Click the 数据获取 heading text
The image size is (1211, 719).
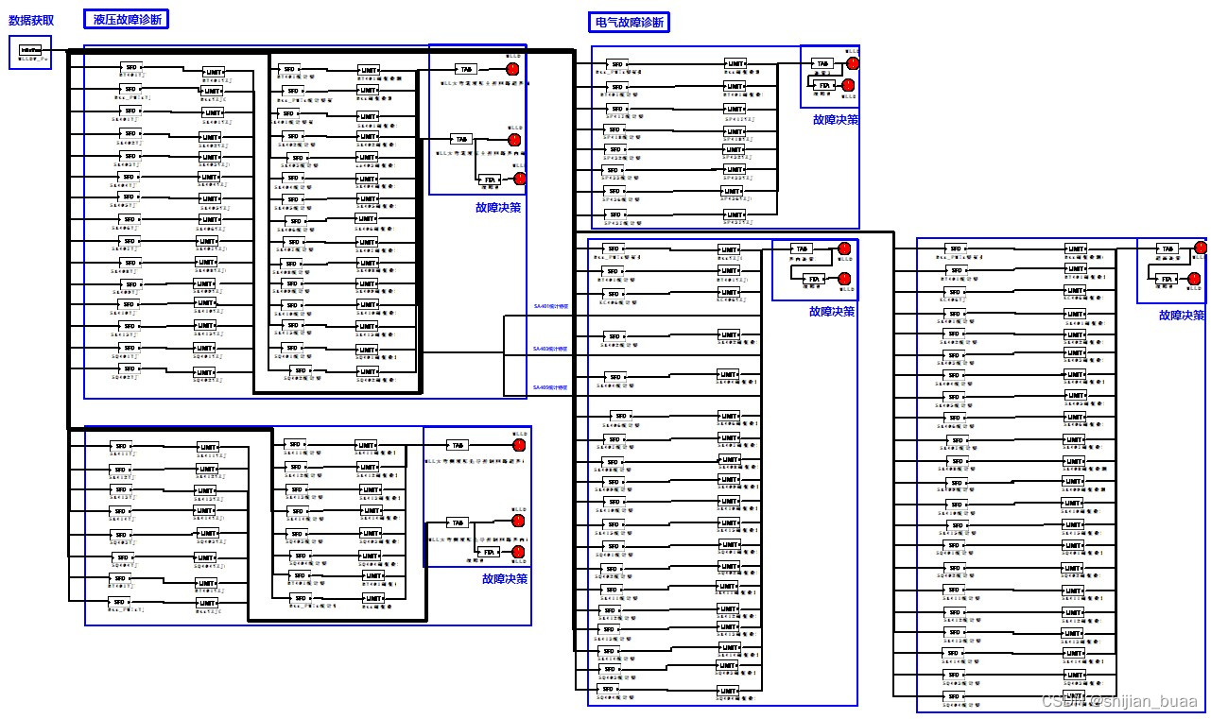coord(38,19)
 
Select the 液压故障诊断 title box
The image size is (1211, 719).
coord(126,19)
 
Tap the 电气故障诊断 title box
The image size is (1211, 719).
coord(629,22)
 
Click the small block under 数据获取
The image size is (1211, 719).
coord(30,49)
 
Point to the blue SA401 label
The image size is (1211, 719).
coord(551,306)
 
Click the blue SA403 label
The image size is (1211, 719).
coord(551,349)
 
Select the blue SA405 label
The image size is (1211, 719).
coord(551,387)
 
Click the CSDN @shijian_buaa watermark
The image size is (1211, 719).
coord(1118,701)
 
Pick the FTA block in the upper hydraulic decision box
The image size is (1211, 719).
coord(490,179)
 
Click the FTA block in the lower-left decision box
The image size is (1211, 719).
coord(489,552)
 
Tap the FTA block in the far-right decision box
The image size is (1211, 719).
coord(1168,279)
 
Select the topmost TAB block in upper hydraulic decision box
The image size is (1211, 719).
coord(465,69)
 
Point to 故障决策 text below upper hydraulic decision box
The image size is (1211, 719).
coord(498,207)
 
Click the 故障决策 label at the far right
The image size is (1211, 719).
coord(1182,315)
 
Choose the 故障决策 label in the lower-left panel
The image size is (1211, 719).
coord(504,578)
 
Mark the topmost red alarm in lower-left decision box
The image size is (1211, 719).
coord(518,444)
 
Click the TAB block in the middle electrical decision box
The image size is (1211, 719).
coord(802,248)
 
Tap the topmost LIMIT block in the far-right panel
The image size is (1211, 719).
coord(1076,248)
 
